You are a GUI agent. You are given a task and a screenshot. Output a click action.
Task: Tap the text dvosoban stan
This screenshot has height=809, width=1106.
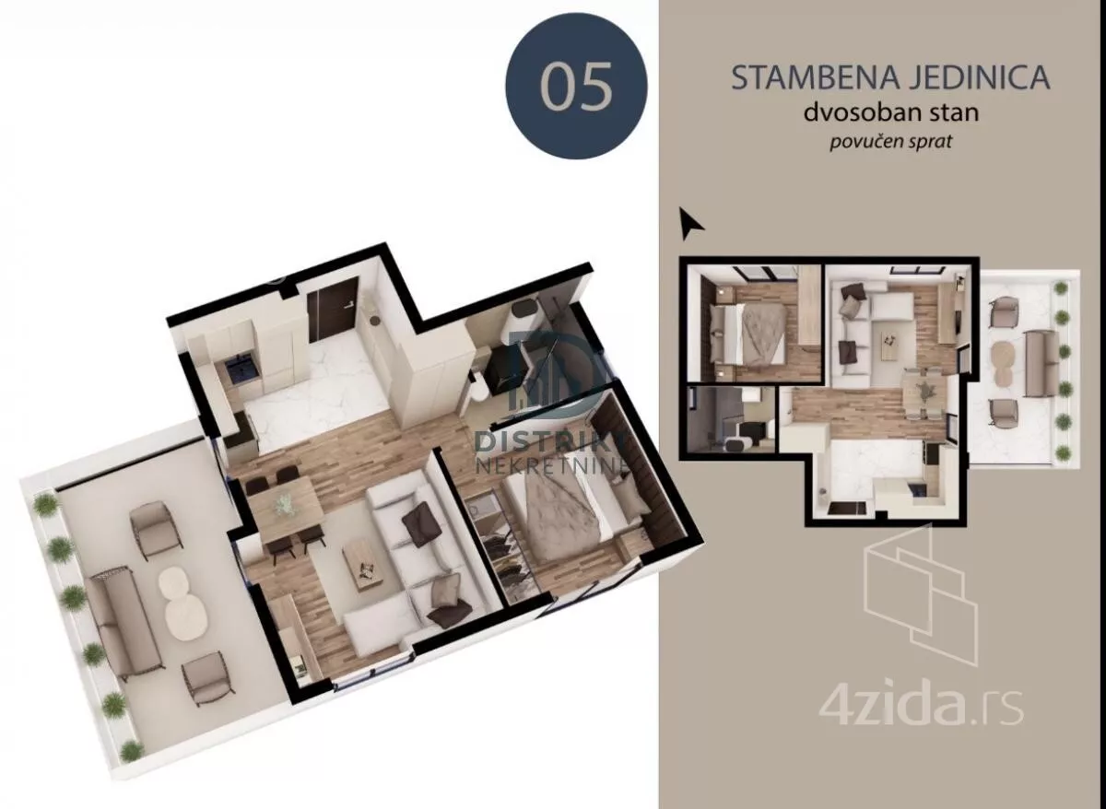tap(890, 113)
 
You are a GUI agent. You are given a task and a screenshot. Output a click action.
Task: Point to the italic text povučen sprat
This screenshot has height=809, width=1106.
tap(890, 142)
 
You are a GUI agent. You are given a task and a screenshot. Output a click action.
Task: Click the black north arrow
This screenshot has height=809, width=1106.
tap(689, 223)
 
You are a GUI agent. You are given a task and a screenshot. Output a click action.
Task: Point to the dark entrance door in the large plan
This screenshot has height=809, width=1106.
tap(333, 310)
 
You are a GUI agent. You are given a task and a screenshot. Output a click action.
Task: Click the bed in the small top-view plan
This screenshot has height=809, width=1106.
tap(749, 334)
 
